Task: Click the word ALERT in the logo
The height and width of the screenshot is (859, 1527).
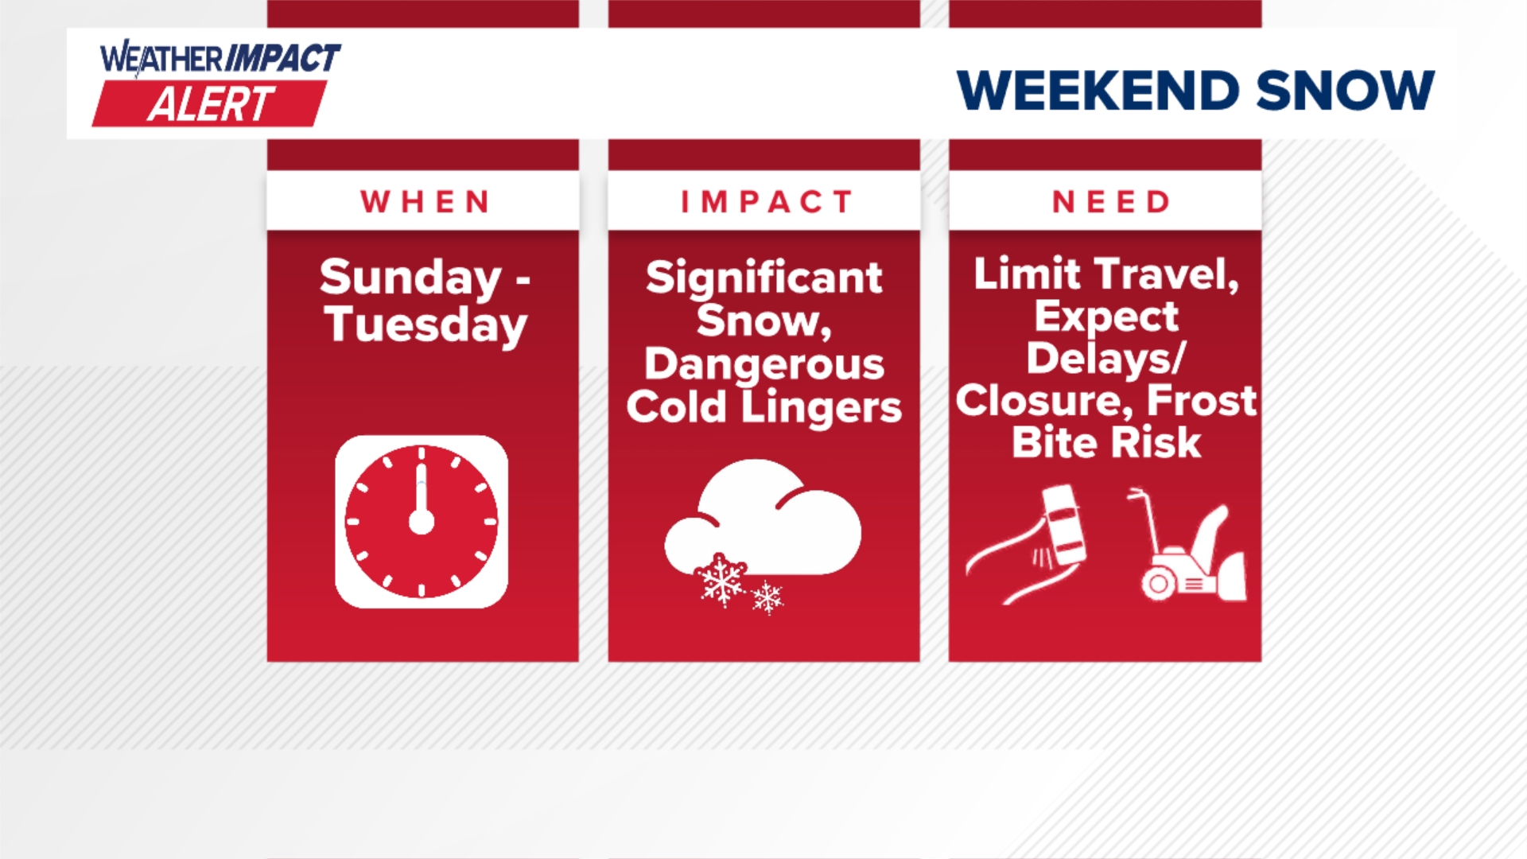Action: coord(211,104)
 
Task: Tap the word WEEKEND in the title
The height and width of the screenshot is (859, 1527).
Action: coord(1098,90)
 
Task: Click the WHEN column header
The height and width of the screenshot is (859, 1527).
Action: coord(425,202)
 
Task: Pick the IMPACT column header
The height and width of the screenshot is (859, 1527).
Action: coord(767,202)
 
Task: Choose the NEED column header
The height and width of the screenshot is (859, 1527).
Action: coord(1111,202)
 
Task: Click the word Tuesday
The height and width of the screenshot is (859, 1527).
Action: coord(425,325)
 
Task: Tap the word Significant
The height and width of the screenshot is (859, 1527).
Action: coord(763,278)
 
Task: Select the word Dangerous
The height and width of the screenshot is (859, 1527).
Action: coord(763,365)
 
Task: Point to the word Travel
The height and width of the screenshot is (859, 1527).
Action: coord(1167,274)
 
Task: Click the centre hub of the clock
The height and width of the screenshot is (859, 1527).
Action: coord(422,523)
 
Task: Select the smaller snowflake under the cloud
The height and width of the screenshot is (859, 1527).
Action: coord(767,597)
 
